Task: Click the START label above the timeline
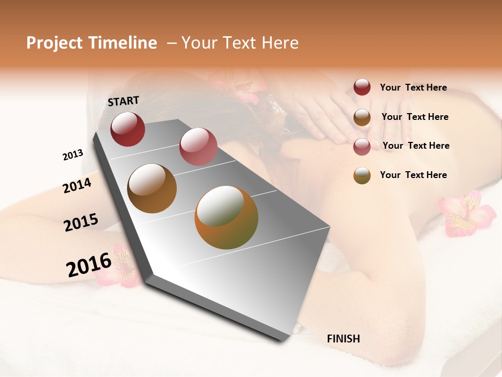pos(123,101)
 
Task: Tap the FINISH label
pos(343,339)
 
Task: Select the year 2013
pos(73,155)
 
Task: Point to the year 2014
pos(77,186)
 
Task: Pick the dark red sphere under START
pos(128,129)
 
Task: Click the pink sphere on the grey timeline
pos(198,146)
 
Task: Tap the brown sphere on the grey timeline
pos(152,188)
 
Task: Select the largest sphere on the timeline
pos(226,217)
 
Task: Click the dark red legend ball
pos(362,87)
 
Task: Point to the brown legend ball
pos(362,117)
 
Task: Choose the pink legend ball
pos(362,146)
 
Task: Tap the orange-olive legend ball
pos(362,175)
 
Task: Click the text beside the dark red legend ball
pos(413,87)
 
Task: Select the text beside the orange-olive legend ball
pos(413,175)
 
